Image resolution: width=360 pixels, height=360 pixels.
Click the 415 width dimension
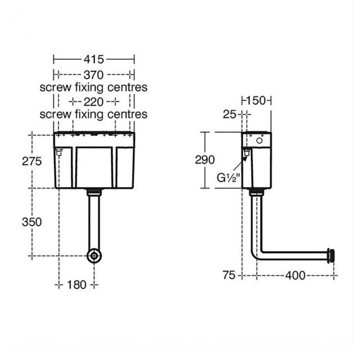[x=94, y=60]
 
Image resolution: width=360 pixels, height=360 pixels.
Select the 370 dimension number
[x=94, y=75]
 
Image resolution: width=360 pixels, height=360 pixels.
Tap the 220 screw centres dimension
[x=94, y=102]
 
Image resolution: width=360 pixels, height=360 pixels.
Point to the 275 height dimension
[x=32, y=161]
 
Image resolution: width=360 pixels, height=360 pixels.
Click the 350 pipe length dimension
[x=32, y=222]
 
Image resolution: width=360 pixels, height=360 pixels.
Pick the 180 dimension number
[x=76, y=285]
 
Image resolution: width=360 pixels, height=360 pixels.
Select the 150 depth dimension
[x=256, y=101]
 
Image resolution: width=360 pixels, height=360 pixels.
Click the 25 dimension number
[x=229, y=114]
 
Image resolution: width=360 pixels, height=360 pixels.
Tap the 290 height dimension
[x=205, y=160]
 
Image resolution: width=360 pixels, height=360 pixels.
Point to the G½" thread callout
[x=228, y=178]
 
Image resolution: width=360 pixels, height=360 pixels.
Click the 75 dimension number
[x=229, y=275]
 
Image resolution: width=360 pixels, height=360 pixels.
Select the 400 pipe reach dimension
[x=295, y=275]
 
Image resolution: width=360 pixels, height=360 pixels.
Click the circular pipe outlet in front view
[x=94, y=256]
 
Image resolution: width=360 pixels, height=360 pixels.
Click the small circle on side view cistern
[x=259, y=140]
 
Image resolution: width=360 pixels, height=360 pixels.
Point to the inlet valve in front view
[x=59, y=152]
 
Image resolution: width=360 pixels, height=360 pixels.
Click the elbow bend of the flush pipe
[x=255, y=254]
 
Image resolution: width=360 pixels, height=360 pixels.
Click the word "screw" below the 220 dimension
[x=55, y=114]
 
